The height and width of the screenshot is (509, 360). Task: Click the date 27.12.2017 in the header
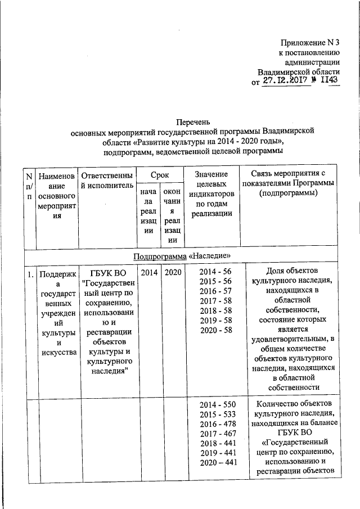286,82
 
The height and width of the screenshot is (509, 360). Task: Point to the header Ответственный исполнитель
107,179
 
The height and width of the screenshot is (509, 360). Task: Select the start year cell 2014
149,272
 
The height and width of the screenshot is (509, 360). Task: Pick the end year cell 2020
171,272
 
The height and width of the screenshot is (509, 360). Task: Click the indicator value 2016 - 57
215,291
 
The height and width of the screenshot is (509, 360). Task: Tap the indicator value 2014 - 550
218,405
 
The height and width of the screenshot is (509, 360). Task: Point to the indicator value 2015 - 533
218,415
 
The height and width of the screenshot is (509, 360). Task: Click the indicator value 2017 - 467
218,434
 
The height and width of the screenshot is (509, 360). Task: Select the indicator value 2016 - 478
218,424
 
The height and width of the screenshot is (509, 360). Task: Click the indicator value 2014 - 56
215,272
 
